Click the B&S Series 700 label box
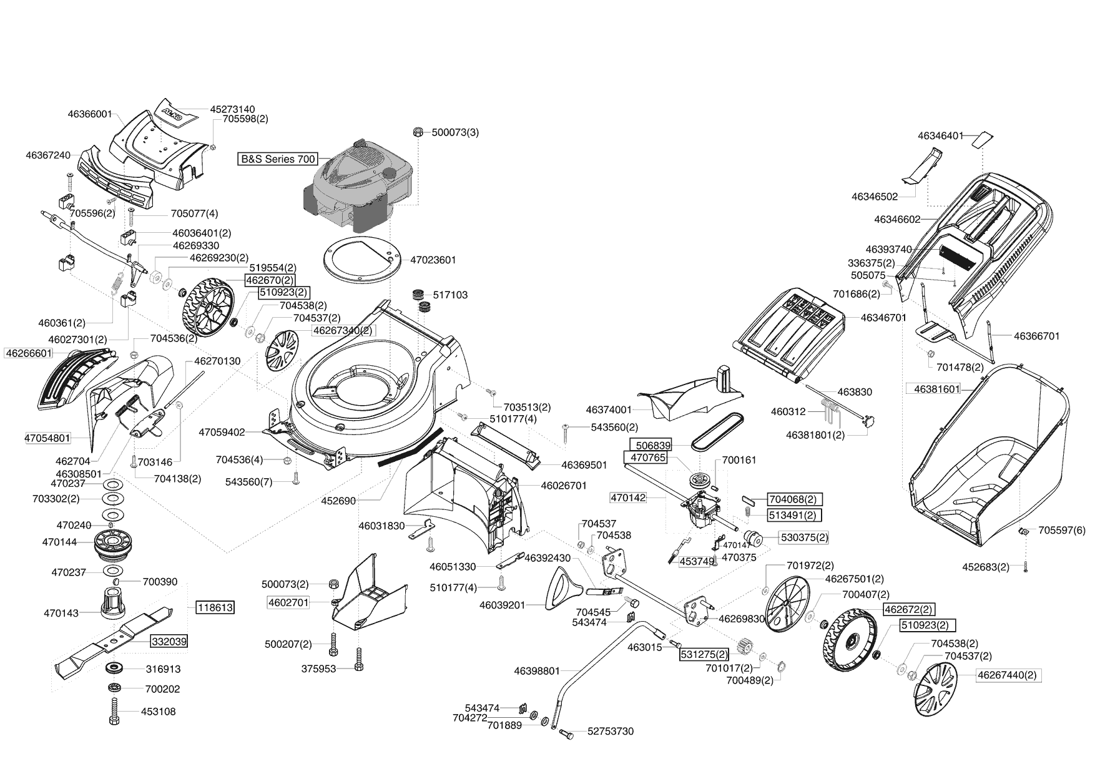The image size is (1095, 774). (278, 159)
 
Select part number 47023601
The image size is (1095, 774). (433, 260)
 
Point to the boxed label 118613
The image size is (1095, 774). (215, 607)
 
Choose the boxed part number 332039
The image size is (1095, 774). (169, 641)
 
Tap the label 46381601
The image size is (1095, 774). (936, 389)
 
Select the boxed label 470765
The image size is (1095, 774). (649, 458)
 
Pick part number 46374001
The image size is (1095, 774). (609, 410)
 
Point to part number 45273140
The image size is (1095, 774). (232, 109)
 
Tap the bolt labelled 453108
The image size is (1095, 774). (115, 710)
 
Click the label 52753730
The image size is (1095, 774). (611, 731)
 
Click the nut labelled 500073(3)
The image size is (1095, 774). (418, 132)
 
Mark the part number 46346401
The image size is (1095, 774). (940, 135)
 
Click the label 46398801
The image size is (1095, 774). (537, 671)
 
